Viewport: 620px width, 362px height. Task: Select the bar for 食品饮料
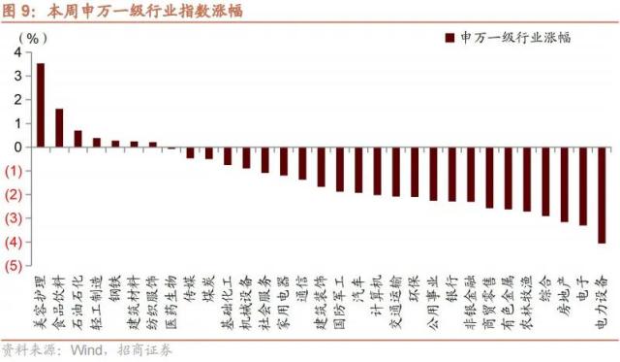pos(59,128)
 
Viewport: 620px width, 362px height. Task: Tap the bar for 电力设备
pos(602,195)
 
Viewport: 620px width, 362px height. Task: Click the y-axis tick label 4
pos(18,52)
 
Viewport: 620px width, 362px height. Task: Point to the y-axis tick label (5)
pos(15,266)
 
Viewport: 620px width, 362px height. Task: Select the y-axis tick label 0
pos(18,148)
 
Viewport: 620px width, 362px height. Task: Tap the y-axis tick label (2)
pos(15,195)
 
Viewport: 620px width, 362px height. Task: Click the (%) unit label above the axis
pos(33,37)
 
